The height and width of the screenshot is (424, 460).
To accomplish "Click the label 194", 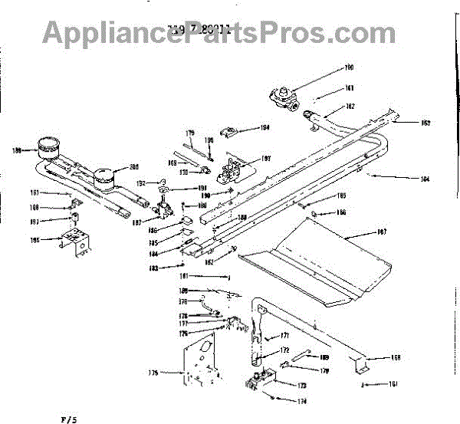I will click(x=265, y=127).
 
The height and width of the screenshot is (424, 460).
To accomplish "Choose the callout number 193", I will click(x=267, y=159).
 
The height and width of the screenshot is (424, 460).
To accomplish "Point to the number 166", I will click(x=341, y=212).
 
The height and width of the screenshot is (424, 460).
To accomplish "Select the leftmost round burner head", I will click(x=51, y=146).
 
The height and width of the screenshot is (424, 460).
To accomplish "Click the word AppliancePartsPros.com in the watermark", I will click(x=219, y=31).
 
